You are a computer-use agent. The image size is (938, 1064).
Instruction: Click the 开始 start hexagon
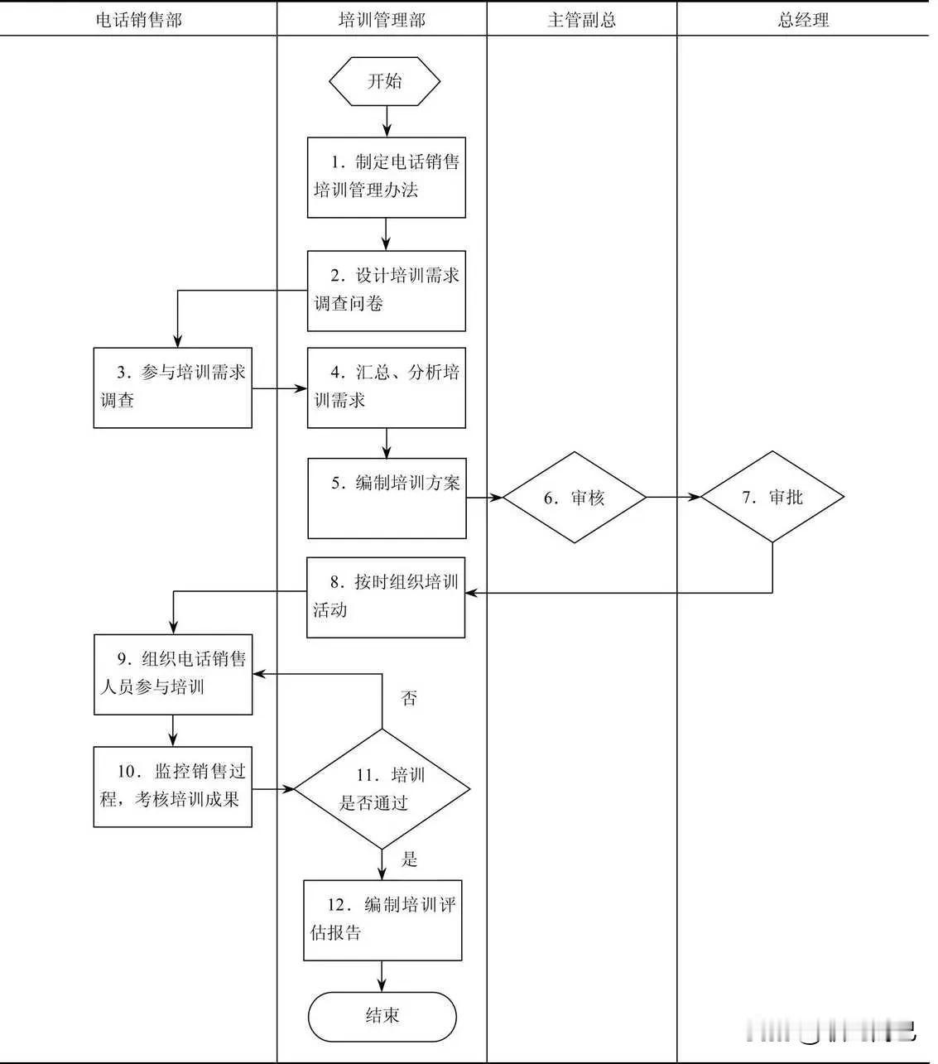click(385, 81)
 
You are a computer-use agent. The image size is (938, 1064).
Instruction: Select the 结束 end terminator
click(382, 1016)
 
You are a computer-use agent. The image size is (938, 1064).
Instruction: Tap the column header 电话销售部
click(138, 19)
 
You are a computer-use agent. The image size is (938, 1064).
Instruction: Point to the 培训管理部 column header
click(382, 19)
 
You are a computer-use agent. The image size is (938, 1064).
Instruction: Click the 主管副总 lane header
click(581, 19)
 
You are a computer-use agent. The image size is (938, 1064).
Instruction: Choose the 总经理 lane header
click(803, 19)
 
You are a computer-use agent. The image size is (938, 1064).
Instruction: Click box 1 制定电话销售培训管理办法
click(387, 177)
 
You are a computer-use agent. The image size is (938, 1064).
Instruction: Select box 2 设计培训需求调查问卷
click(387, 291)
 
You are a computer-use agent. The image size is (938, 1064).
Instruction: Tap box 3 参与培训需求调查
click(172, 388)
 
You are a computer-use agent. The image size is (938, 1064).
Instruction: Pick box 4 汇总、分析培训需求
click(387, 388)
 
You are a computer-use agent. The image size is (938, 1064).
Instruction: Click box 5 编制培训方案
click(387, 498)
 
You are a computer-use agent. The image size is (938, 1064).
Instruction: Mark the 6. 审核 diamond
click(575, 498)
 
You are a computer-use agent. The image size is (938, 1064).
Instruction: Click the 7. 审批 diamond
click(772, 497)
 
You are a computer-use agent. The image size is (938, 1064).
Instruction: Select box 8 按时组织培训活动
click(386, 597)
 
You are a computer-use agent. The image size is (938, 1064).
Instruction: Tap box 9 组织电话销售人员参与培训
click(172, 674)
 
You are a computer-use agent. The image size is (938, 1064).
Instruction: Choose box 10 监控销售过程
click(172, 787)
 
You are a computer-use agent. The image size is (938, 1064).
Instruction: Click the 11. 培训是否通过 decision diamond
click(382, 789)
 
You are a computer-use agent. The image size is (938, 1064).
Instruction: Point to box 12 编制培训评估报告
click(382, 920)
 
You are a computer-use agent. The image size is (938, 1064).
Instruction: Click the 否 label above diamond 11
click(408, 698)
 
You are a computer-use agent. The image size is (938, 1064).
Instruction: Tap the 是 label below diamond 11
click(409, 859)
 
